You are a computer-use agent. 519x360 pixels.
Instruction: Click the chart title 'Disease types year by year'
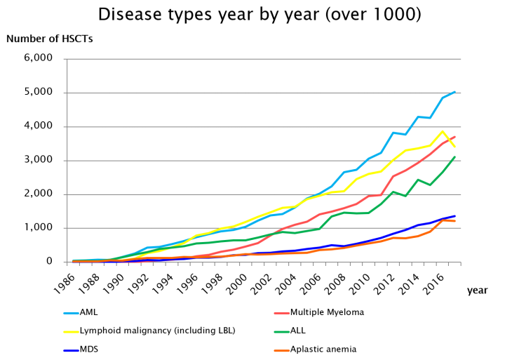[x=259, y=15]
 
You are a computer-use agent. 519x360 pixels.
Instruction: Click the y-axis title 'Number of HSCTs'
[x=49, y=39]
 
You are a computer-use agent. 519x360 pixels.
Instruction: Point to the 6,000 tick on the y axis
[x=39, y=58]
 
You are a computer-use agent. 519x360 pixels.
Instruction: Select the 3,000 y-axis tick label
[x=39, y=160]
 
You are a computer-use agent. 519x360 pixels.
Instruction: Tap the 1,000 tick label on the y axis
[x=39, y=227]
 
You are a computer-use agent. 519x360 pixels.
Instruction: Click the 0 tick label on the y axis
[x=48, y=262]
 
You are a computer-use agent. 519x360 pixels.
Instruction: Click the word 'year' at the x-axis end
[x=477, y=290]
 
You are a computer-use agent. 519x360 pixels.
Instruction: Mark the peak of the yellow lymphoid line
[x=443, y=131]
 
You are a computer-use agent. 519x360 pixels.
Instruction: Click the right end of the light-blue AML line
[x=454, y=92]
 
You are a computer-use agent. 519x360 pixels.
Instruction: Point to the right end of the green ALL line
[x=454, y=157]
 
